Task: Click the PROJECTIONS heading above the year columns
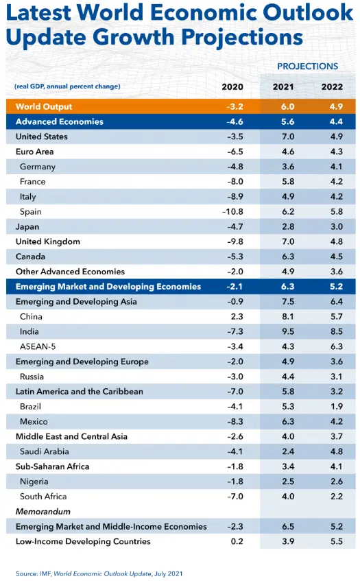coord(307,67)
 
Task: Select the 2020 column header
coord(232,86)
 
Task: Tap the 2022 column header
coord(332,86)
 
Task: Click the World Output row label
coord(44,107)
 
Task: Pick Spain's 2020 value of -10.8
coord(232,211)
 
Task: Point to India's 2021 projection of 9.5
coord(288,331)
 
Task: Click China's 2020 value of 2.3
coord(237,316)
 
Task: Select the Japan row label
coord(27,227)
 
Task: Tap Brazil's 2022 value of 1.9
coord(337,407)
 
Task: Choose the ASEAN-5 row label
coord(38,346)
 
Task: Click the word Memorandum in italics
coord(43,511)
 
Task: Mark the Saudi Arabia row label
coord(45,451)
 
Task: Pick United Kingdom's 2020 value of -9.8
coord(235,241)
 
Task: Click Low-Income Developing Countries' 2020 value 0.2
coord(237,541)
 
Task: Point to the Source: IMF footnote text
coord(99,573)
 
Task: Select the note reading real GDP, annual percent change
coord(67,86)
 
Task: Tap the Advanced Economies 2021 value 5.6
coord(288,121)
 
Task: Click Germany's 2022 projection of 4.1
coord(337,167)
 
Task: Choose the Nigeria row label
coord(34,482)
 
